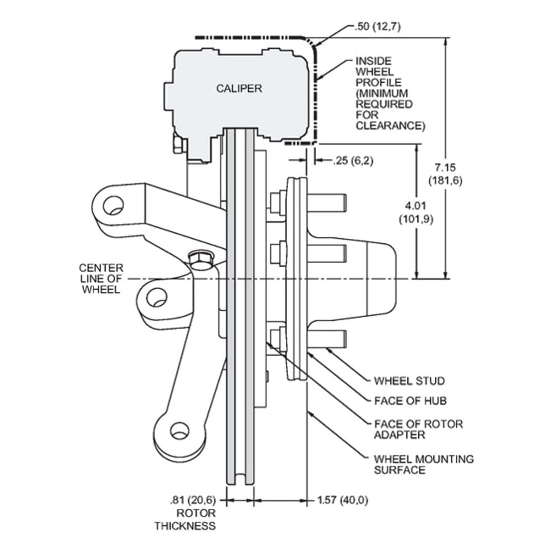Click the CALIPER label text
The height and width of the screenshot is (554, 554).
point(239,88)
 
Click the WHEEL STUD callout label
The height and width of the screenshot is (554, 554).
point(409,381)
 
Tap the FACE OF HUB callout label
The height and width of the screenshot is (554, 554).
point(410,401)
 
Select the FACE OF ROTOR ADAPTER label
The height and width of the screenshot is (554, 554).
point(418,429)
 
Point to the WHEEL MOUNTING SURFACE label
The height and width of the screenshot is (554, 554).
point(424,464)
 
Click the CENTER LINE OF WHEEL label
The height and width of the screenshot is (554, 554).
point(101,279)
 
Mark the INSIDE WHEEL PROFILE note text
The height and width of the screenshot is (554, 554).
point(390,94)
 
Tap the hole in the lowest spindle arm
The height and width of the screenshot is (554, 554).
point(179,431)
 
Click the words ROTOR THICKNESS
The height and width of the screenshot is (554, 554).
point(185,520)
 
